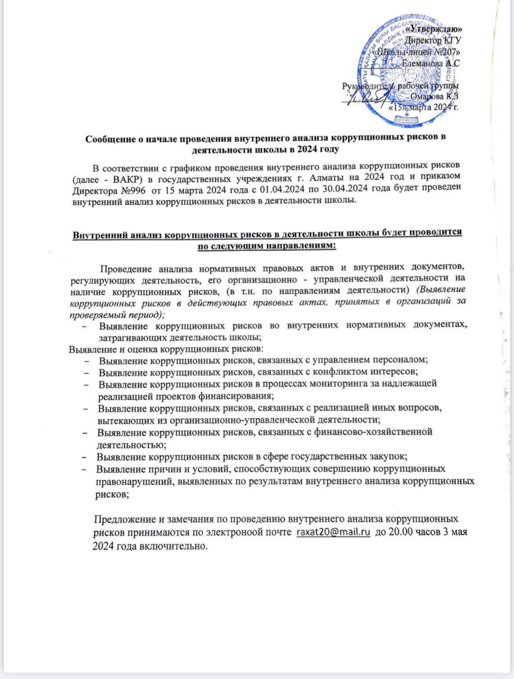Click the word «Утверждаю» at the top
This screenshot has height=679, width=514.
tap(433, 29)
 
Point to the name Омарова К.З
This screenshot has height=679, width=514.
tap(434, 96)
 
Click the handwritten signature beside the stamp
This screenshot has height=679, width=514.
tap(366, 99)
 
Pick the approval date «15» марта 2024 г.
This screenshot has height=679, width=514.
tap(424, 107)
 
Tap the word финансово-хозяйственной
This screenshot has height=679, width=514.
tap(373, 432)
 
